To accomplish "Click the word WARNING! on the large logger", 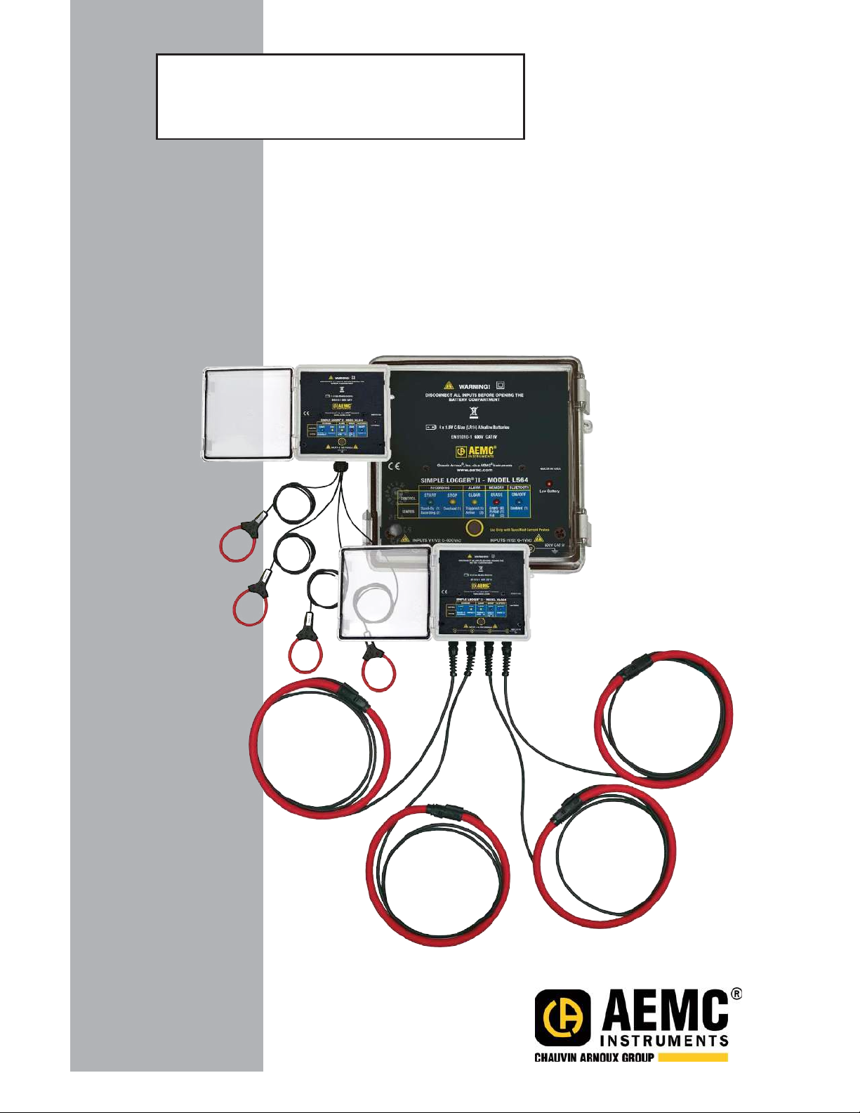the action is [x=474, y=386].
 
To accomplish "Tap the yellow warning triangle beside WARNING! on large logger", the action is [x=448, y=386].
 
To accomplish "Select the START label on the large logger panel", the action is [x=430, y=495].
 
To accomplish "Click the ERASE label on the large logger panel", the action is [x=496, y=495].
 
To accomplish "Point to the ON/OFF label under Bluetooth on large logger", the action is [x=519, y=495].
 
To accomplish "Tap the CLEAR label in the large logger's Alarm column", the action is [x=475, y=495].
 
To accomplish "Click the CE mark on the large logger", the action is [x=395, y=466].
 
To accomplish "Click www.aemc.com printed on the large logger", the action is [x=474, y=470].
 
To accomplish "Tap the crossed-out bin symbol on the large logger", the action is [x=474, y=412].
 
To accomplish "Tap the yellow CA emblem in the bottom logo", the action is [x=562, y=1017].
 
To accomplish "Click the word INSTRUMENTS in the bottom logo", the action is [x=664, y=1040].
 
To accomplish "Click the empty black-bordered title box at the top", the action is [x=340, y=96].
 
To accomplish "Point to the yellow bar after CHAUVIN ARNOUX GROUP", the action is [x=693, y=1057].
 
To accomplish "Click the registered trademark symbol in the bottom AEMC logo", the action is [x=736, y=994].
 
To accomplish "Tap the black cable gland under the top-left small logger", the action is [x=342, y=466].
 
